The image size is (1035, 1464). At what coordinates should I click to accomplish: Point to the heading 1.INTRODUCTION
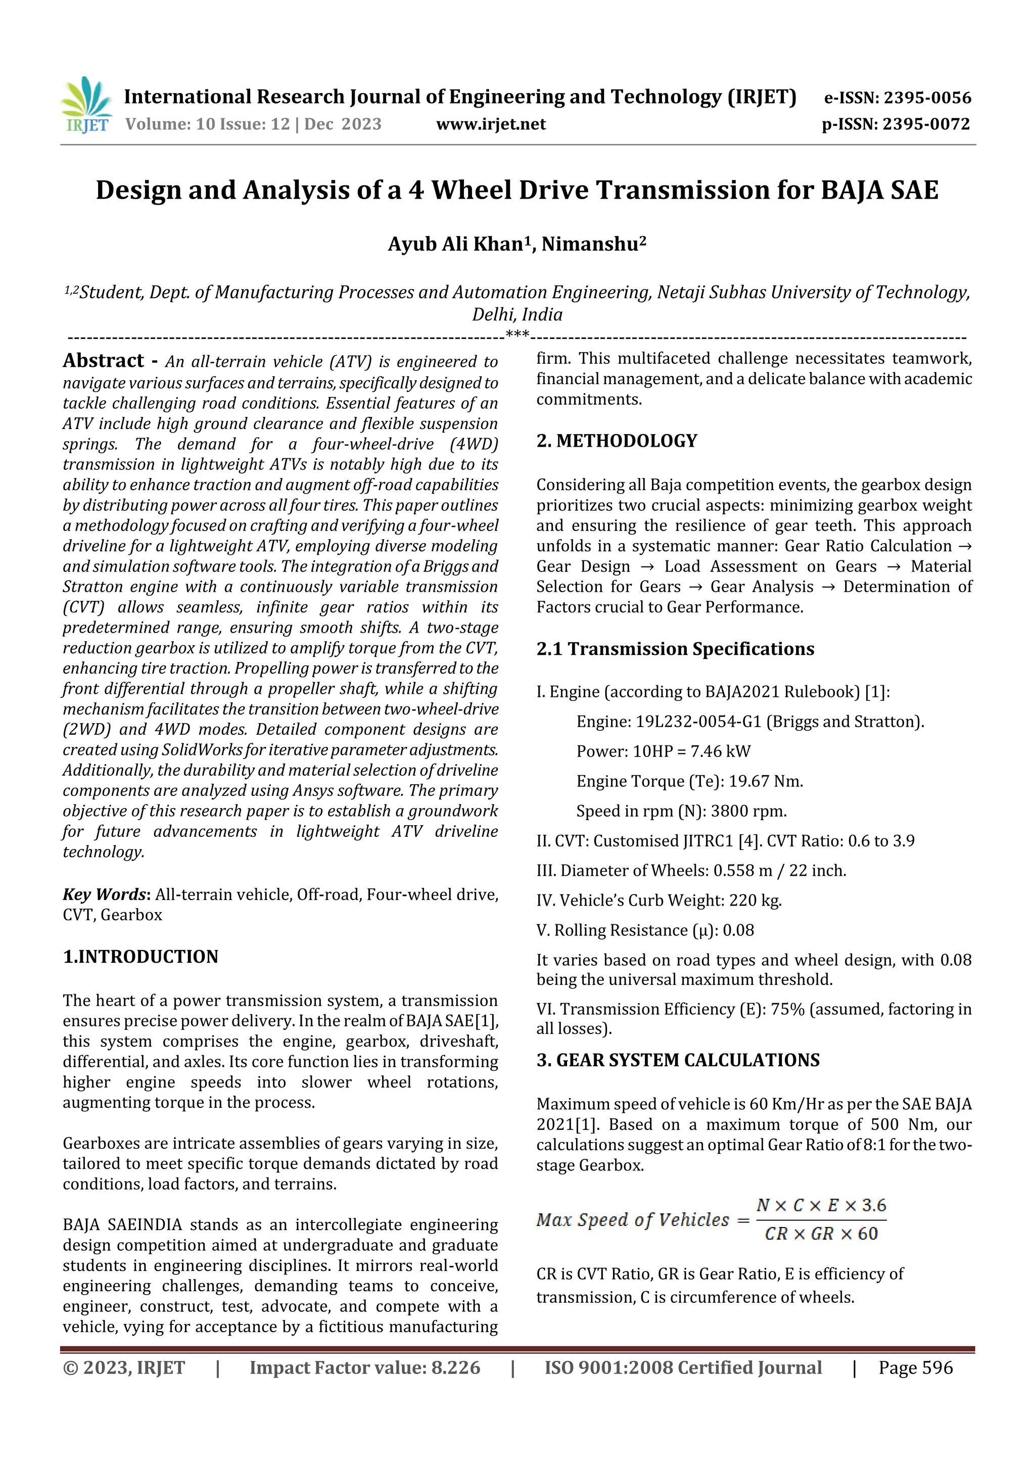point(140,957)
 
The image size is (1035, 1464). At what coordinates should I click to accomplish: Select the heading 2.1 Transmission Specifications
point(675,649)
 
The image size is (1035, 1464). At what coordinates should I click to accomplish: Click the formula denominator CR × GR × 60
point(821,1234)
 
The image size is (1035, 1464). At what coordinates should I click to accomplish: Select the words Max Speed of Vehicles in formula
point(632,1220)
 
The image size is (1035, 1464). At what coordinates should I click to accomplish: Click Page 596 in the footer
point(915,1367)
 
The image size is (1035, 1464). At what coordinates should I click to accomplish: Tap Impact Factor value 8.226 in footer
point(364,1367)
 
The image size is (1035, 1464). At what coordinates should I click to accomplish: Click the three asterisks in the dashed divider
point(516,334)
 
